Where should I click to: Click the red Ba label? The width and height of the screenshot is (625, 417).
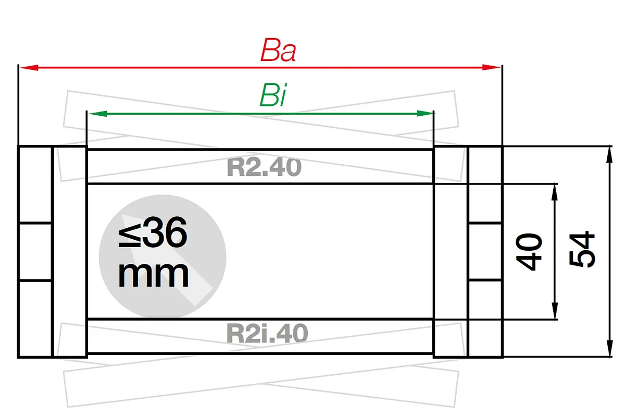coord(278,50)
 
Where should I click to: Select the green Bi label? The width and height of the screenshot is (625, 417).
coord(272,95)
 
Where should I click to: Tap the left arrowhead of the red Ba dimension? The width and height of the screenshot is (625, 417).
coord(29,68)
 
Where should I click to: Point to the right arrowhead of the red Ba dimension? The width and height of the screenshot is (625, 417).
coord(491,68)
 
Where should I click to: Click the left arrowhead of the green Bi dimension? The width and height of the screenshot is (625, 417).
coord(98,114)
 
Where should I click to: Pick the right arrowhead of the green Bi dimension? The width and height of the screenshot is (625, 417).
coord(424,114)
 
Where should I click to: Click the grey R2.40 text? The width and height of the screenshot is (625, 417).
coord(264,167)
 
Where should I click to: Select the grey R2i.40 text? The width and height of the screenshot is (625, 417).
coord(267,333)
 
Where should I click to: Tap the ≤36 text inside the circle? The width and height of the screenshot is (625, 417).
coord(153,232)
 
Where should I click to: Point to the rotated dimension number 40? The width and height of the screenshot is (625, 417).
coord(529,252)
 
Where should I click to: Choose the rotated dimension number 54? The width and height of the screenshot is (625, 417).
coord(582,249)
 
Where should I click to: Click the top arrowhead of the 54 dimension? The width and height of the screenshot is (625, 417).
coord(610,154)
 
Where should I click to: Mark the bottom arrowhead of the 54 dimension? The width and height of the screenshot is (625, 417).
coord(610,348)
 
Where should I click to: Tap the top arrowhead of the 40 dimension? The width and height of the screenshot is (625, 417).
coord(555,192)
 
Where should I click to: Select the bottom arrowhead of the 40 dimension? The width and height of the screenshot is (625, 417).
coord(555,311)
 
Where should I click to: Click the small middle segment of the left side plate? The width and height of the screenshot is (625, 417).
coord(35,251)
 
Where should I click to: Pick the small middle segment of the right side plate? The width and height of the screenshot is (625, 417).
coord(485,251)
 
